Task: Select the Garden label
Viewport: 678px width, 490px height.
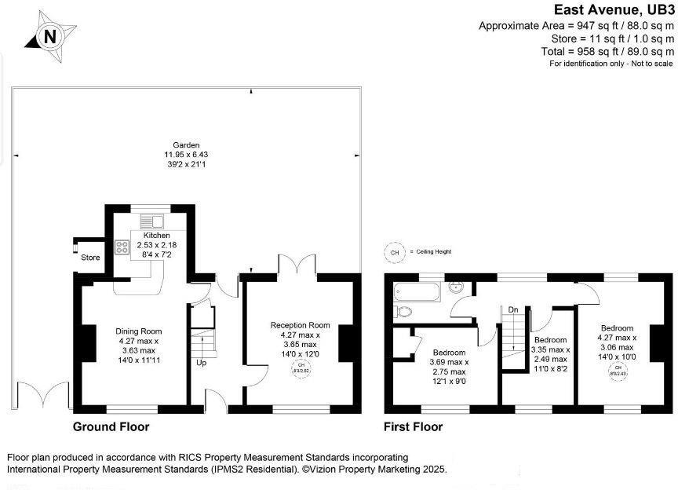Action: tap(187, 145)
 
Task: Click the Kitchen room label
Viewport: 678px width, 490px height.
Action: tap(155, 236)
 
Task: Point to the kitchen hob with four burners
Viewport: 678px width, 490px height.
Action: tap(123, 247)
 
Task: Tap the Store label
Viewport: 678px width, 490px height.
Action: tap(89, 257)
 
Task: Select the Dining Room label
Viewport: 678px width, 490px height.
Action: tap(139, 331)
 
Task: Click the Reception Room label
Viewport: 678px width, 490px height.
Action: tap(301, 325)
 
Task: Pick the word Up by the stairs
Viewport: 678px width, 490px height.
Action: tap(202, 363)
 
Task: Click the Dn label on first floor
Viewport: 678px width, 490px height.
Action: tap(513, 309)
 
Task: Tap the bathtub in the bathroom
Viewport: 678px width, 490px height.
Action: tap(413, 293)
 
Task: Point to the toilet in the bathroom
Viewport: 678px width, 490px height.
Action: tap(403, 311)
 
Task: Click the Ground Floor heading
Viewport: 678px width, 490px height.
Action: tap(111, 427)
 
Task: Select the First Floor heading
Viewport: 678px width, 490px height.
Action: tap(413, 427)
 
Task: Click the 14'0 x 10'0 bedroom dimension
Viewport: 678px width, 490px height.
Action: tap(618, 357)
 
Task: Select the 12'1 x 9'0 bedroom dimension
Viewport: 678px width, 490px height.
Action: tap(448, 382)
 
